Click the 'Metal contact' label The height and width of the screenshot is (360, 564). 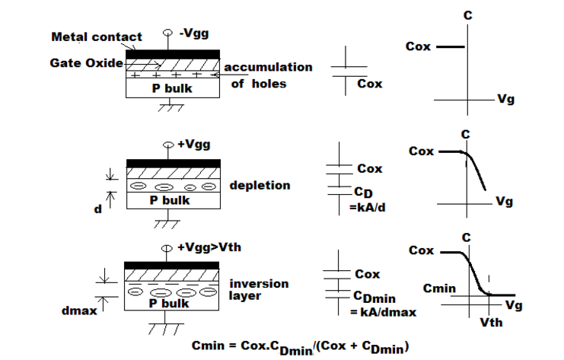pos(96,37)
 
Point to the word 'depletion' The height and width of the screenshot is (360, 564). pos(260,186)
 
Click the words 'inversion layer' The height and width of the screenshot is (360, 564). pos(259,289)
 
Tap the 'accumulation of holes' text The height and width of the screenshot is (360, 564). pos(269,75)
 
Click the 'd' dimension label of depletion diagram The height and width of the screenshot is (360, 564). pos(97,209)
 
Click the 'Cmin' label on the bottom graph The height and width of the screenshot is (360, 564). pos(439,288)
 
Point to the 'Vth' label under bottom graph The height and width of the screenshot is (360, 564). pos(491,322)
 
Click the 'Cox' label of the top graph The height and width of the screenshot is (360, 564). pos(419,46)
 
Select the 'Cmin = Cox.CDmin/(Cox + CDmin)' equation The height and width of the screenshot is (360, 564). pos(301,346)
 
